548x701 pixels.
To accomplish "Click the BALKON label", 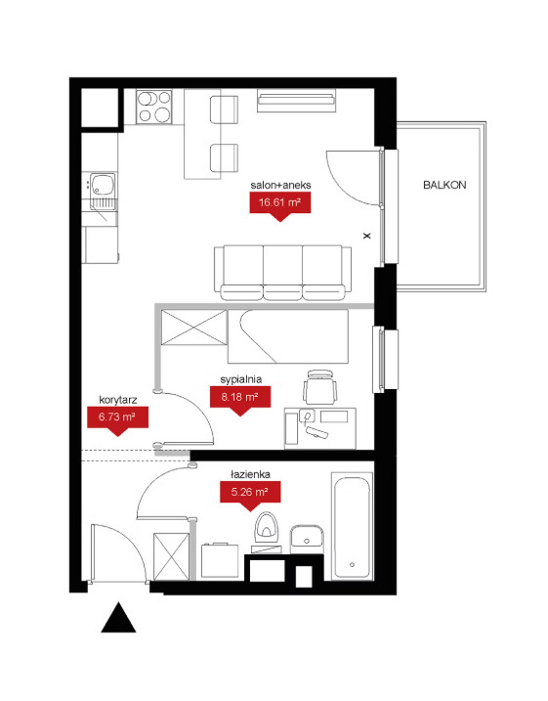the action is pyautogui.click(x=444, y=185).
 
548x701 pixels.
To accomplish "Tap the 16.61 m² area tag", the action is pyautogui.click(x=279, y=204).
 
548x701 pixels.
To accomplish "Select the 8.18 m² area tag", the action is pyautogui.click(x=240, y=398).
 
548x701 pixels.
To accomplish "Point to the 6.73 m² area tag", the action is pyautogui.click(x=117, y=418).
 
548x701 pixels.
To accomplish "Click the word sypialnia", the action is pyautogui.click(x=240, y=379).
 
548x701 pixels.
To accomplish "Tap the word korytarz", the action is pyautogui.click(x=118, y=400).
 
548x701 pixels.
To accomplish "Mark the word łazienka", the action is pyautogui.click(x=250, y=474).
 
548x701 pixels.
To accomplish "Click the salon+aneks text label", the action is pyautogui.click(x=280, y=185).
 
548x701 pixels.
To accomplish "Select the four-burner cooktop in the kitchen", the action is pyautogui.click(x=154, y=107).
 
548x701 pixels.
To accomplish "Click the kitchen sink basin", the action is pyautogui.click(x=103, y=184).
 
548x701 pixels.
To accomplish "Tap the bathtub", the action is pyautogui.click(x=352, y=527).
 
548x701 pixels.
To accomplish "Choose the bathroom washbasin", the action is pyautogui.click(x=307, y=539).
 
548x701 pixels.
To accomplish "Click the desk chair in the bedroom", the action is pyautogui.click(x=319, y=387).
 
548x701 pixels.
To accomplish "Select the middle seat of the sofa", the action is pyautogui.click(x=282, y=272).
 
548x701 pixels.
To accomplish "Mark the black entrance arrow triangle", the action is pyautogui.click(x=118, y=617).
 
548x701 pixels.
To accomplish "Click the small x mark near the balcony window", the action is pyautogui.click(x=367, y=236).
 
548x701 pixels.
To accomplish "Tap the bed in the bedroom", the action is pyautogui.click(x=287, y=336).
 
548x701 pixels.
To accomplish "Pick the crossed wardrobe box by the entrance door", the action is pyautogui.click(x=172, y=556).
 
